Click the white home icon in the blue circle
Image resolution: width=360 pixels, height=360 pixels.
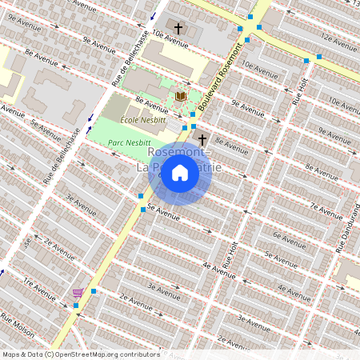coord(180,172)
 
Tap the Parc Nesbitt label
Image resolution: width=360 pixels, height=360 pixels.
coord(127,138)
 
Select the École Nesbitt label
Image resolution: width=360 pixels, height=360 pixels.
coord(142,119)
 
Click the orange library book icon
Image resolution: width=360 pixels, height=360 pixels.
coord(181,96)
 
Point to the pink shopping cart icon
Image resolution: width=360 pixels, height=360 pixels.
coord(78,293)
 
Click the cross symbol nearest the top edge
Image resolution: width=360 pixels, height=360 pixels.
coord(178,29)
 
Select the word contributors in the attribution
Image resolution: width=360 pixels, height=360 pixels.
coord(139,354)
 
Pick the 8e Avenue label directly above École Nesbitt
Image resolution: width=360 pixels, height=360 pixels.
coord(151,103)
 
